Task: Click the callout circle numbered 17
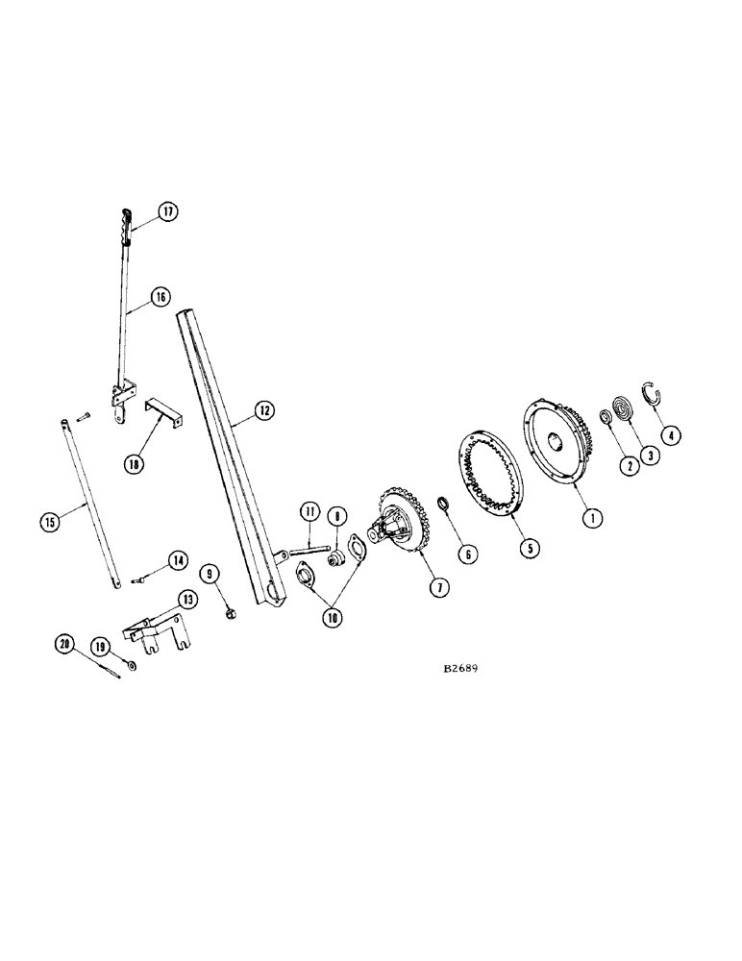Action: click(168, 212)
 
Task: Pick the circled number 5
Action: click(529, 548)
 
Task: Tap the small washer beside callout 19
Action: click(132, 664)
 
